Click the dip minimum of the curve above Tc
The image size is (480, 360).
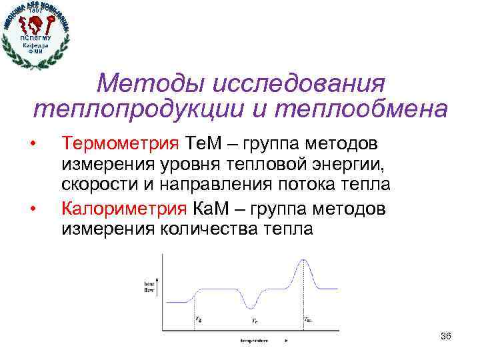click(251, 307)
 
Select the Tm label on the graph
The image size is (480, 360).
click(307, 319)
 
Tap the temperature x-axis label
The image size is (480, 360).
click(254, 340)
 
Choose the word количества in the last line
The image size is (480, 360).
click(209, 229)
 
